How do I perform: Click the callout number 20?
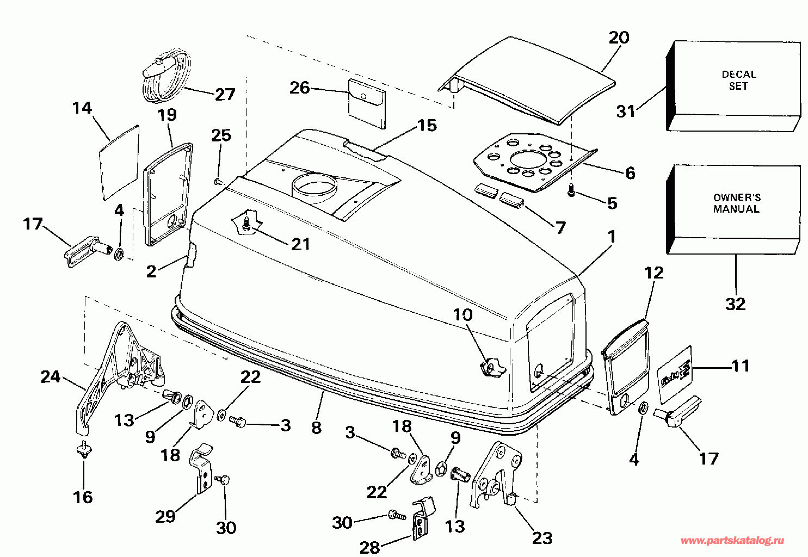(x=619, y=38)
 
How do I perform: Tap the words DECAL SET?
(x=738, y=80)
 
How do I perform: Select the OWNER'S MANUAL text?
(x=737, y=203)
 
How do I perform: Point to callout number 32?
(x=735, y=304)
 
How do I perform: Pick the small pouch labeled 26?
(x=367, y=104)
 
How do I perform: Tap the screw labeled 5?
(x=571, y=190)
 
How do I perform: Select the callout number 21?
(x=300, y=244)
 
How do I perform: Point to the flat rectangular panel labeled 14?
(x=119, y=163)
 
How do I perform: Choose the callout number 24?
(x=50, y=377)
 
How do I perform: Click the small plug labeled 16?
(x=84, y=450)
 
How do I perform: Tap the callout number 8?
(x=316, y=428)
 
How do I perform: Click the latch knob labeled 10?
(x=492, y=367)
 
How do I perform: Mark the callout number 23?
(x=542, y=539)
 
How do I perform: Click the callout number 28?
(x=370, y=548)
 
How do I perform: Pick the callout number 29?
(x=165, y=517)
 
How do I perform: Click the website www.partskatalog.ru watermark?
(x=732, y=541)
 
